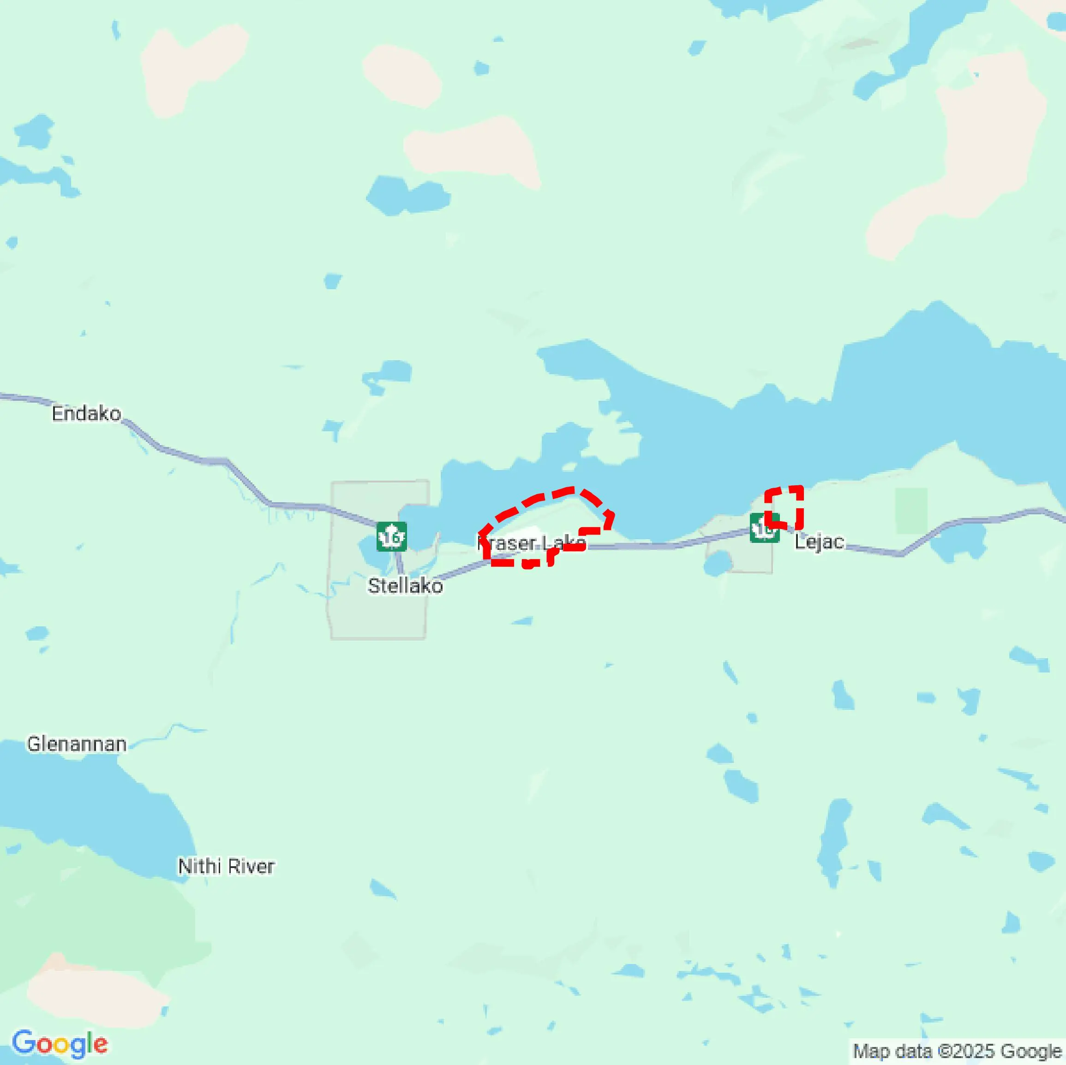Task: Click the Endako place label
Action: (x=86, y=414)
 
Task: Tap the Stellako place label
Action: (x=405, y=586)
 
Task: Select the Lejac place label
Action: (x=819, y=541)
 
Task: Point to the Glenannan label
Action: (x=77, y=744)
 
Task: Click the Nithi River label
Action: (x=226, y=867)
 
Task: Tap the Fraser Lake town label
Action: (x=531, y=543)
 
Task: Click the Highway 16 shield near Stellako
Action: (x=392, y=536)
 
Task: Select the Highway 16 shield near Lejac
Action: (x=764, y=529)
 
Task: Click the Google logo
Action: (x=60, y=1044)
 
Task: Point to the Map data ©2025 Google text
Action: (x=957, y=1051)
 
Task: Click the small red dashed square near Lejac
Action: (x=784, y=506)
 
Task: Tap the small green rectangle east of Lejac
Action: (x=911, y=511)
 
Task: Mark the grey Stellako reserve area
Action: (x=375, y=612)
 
